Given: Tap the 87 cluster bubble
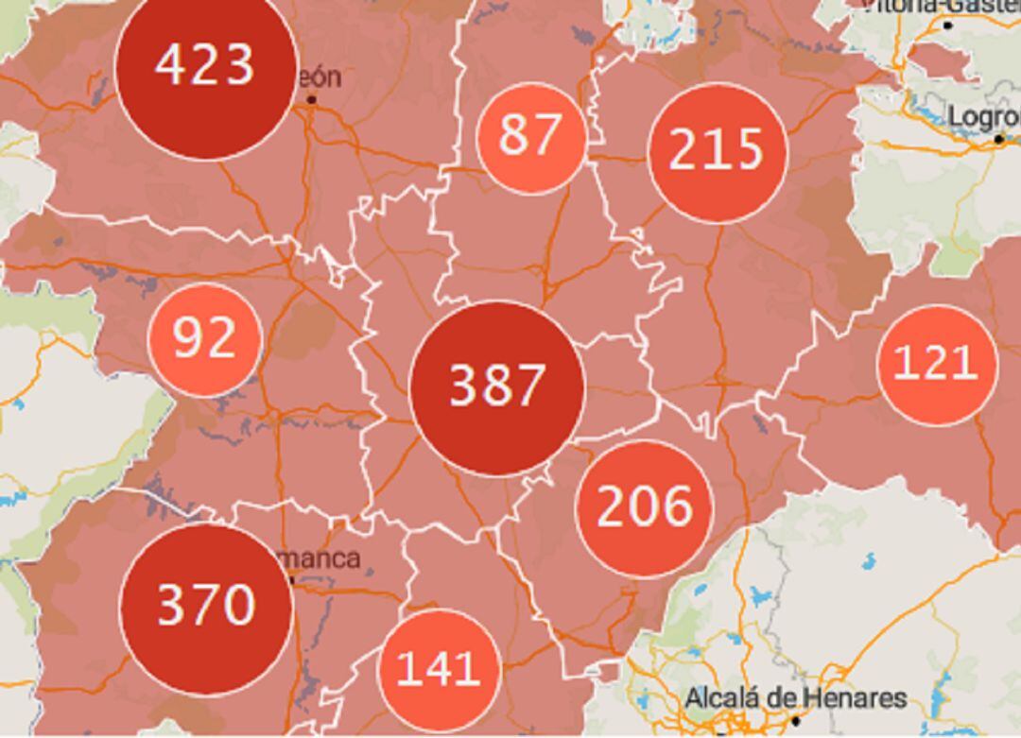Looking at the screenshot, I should [x=531, y=137].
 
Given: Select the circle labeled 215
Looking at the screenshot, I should [x=717, y=152].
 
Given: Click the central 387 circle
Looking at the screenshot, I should [x=496, y=387].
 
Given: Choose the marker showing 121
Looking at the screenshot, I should [x=936, y=365].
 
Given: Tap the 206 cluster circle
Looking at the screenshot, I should [x=645, y=508].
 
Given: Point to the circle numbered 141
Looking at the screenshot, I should [x=439, y=670].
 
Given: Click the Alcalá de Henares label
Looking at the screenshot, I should [x=795, y=699].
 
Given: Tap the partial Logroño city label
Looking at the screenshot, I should [x=983, y=116].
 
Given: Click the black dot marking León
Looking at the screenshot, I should [x=311, y=98].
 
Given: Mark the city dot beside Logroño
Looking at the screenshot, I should [x=998, y=140].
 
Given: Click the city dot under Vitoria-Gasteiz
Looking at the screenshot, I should [x=948, y=26].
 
